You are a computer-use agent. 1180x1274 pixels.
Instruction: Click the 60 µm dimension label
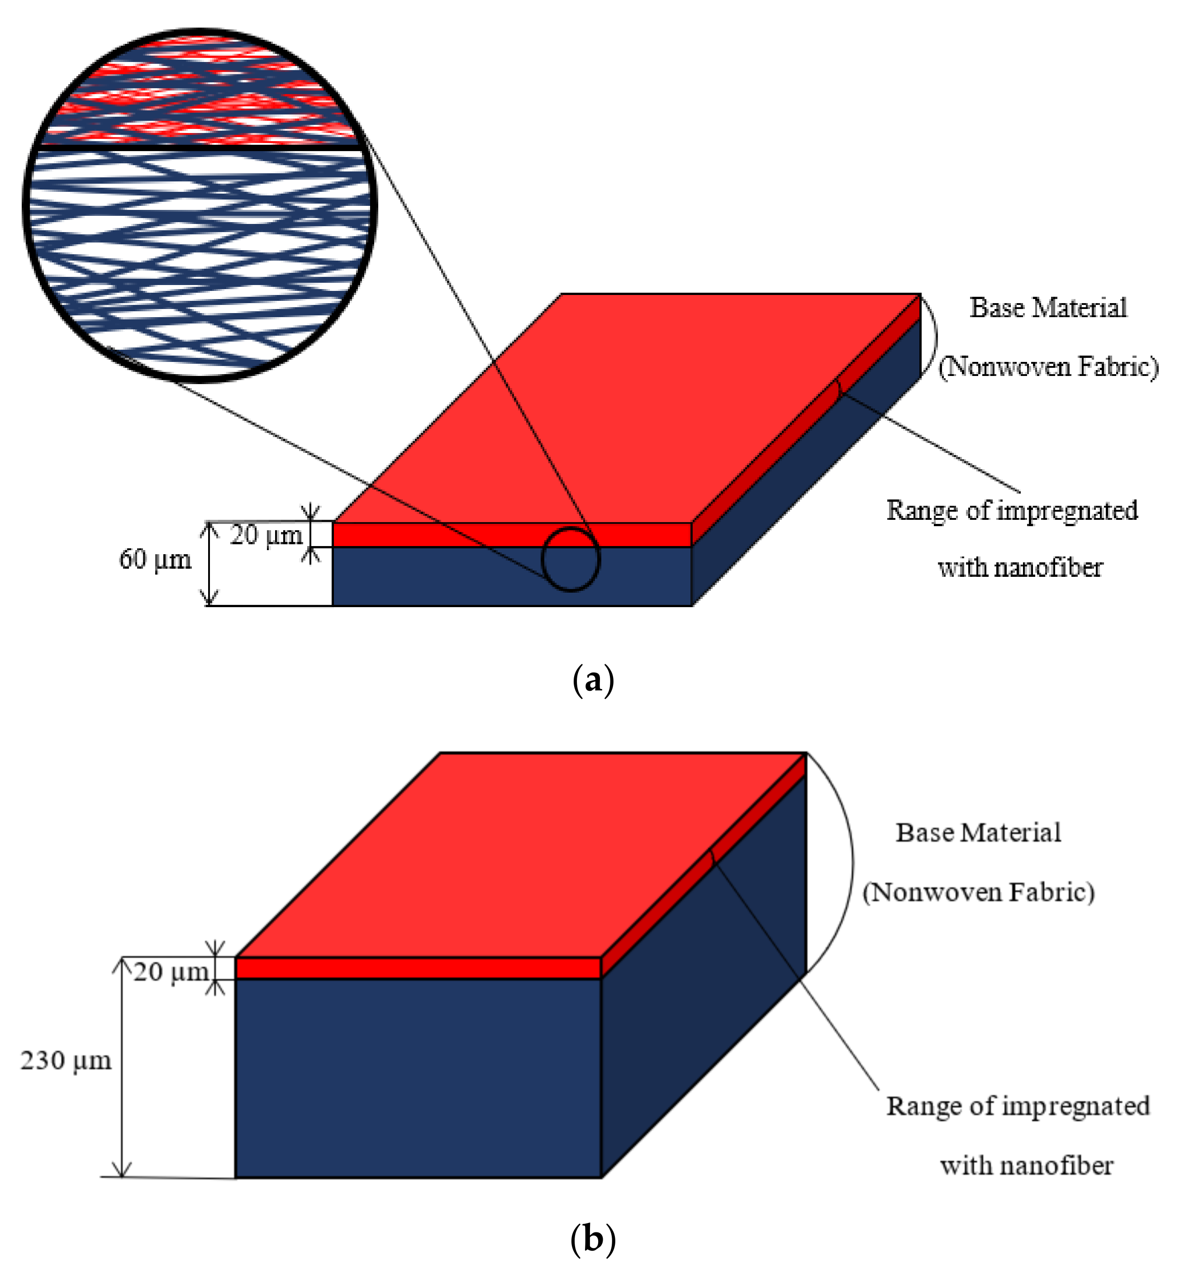click(x=155, y=559)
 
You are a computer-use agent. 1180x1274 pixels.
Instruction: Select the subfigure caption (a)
click(x=593, y=681)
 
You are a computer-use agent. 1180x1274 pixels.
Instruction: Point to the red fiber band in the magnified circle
click(x=198, y=96)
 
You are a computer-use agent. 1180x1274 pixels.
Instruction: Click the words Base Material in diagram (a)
click(x=1048, y=308)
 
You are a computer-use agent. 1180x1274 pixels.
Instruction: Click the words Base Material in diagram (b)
click(x=978, y=833)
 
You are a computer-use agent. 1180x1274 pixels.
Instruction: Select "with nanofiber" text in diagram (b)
click(x=1026, y=1165)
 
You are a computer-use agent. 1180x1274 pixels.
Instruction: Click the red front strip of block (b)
click(x=418, y=969)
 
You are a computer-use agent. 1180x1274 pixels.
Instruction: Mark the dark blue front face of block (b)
click(x=418, y=1079)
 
